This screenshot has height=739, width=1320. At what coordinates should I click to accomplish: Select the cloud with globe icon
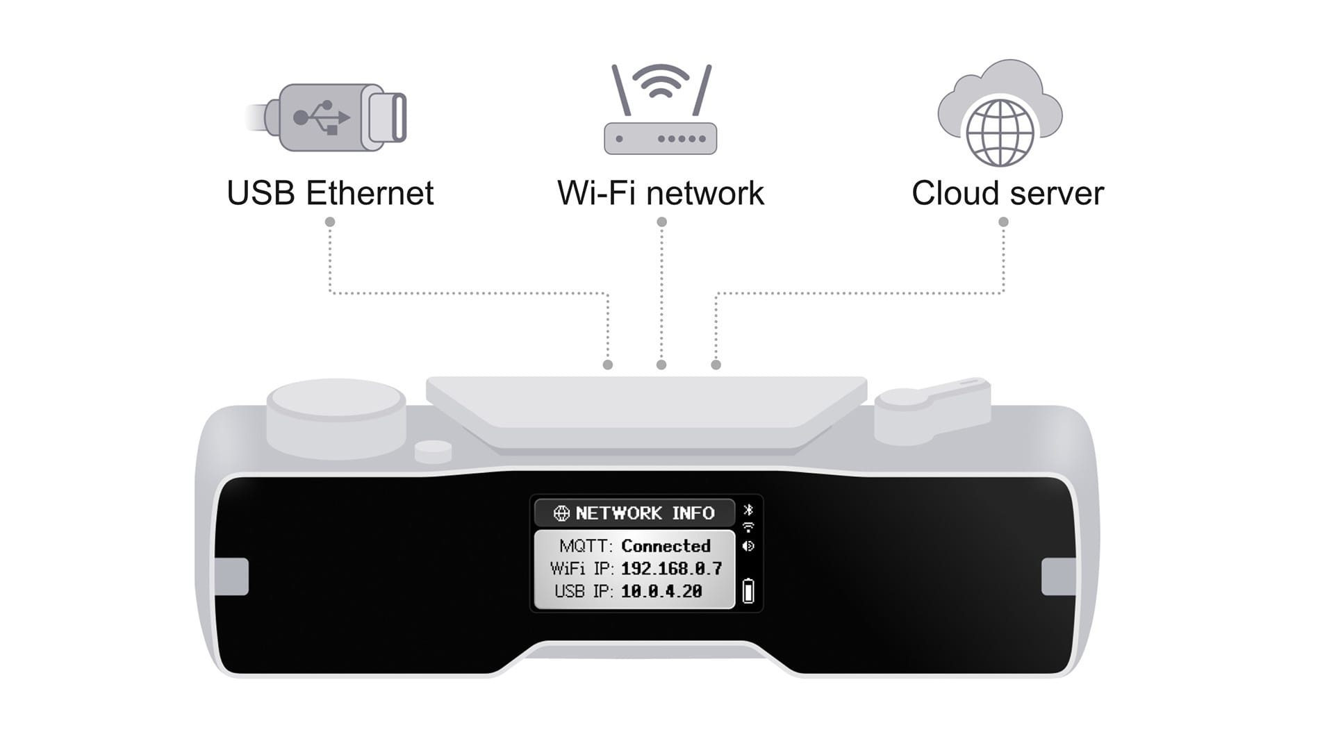point(1000,115)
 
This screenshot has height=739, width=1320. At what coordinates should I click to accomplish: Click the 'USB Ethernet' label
point(330,193)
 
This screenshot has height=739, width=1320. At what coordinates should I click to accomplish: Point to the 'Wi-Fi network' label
point(660,193)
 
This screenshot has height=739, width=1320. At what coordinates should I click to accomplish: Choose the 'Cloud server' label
point(1007,193)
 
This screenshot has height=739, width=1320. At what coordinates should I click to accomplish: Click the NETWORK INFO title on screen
point(645,513)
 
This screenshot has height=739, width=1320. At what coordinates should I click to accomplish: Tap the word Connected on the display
point(666,546)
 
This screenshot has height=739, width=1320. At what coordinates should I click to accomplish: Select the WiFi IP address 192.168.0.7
point(671,569)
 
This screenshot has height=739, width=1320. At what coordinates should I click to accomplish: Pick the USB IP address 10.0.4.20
point(661,592)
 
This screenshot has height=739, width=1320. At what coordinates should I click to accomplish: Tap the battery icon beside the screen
point(748,591)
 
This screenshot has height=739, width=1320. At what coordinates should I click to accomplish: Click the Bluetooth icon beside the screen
point(748,510)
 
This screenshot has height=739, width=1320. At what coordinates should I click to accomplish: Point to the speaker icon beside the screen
point(748,547)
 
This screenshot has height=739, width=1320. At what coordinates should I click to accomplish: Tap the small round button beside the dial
point(433,451)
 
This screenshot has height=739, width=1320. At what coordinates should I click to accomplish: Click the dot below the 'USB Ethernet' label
point(330,222)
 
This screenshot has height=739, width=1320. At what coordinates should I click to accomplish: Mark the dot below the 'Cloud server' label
point(1003,222)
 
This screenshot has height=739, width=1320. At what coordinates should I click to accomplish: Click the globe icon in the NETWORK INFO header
point(561,513)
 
